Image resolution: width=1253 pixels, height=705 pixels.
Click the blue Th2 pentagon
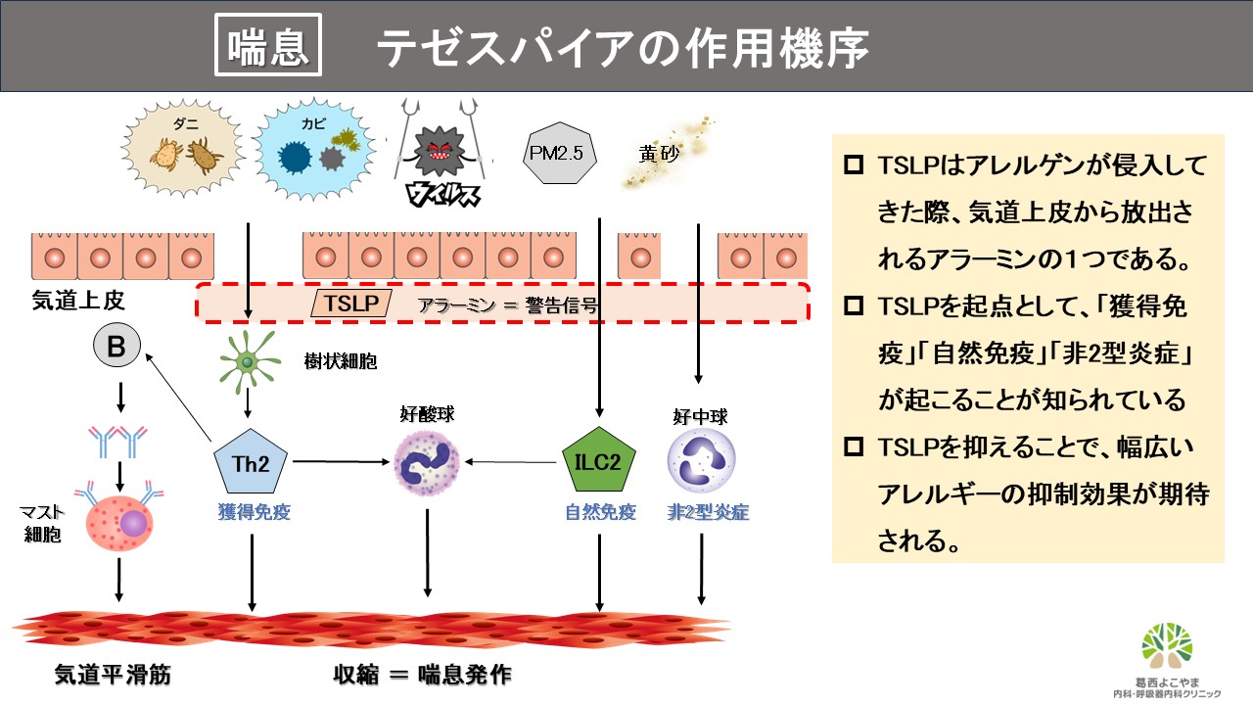(252, 461)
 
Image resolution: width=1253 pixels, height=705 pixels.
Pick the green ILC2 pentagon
(599, 461)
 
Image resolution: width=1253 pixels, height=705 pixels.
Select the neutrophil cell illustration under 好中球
(700, 460)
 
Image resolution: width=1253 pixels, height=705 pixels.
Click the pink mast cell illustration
(118, 524)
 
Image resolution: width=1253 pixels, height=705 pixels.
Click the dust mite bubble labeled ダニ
(185, 147)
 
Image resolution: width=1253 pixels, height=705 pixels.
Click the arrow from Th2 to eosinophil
(338, 460)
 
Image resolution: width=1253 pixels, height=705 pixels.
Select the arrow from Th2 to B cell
(180, 397)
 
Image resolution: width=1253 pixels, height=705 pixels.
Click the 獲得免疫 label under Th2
(254, 511)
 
